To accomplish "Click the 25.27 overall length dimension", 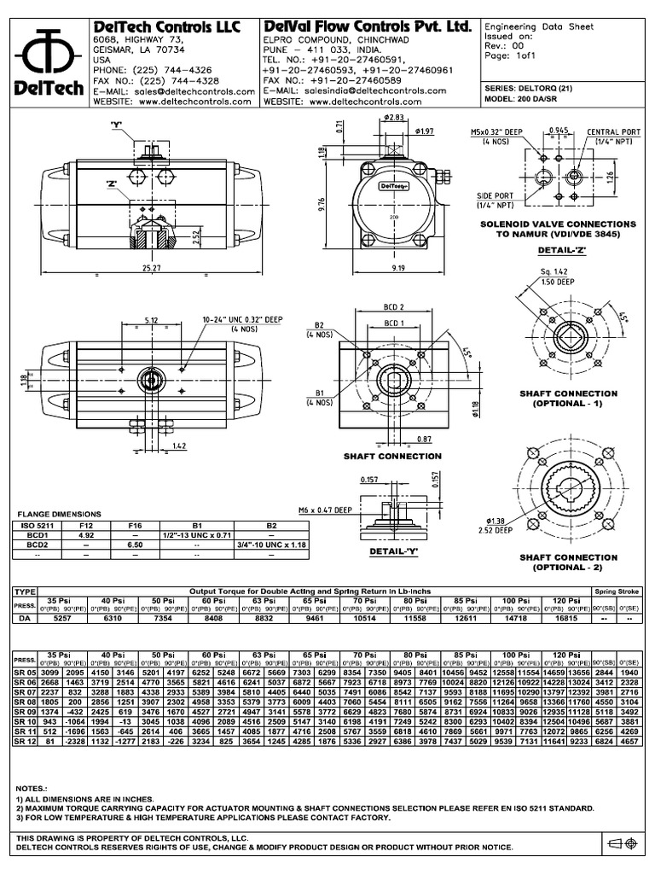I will [152, 268].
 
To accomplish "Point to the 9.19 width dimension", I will [397, 268].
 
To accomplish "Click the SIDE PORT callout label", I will [496, 199].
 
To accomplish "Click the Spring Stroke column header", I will [618, 591].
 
